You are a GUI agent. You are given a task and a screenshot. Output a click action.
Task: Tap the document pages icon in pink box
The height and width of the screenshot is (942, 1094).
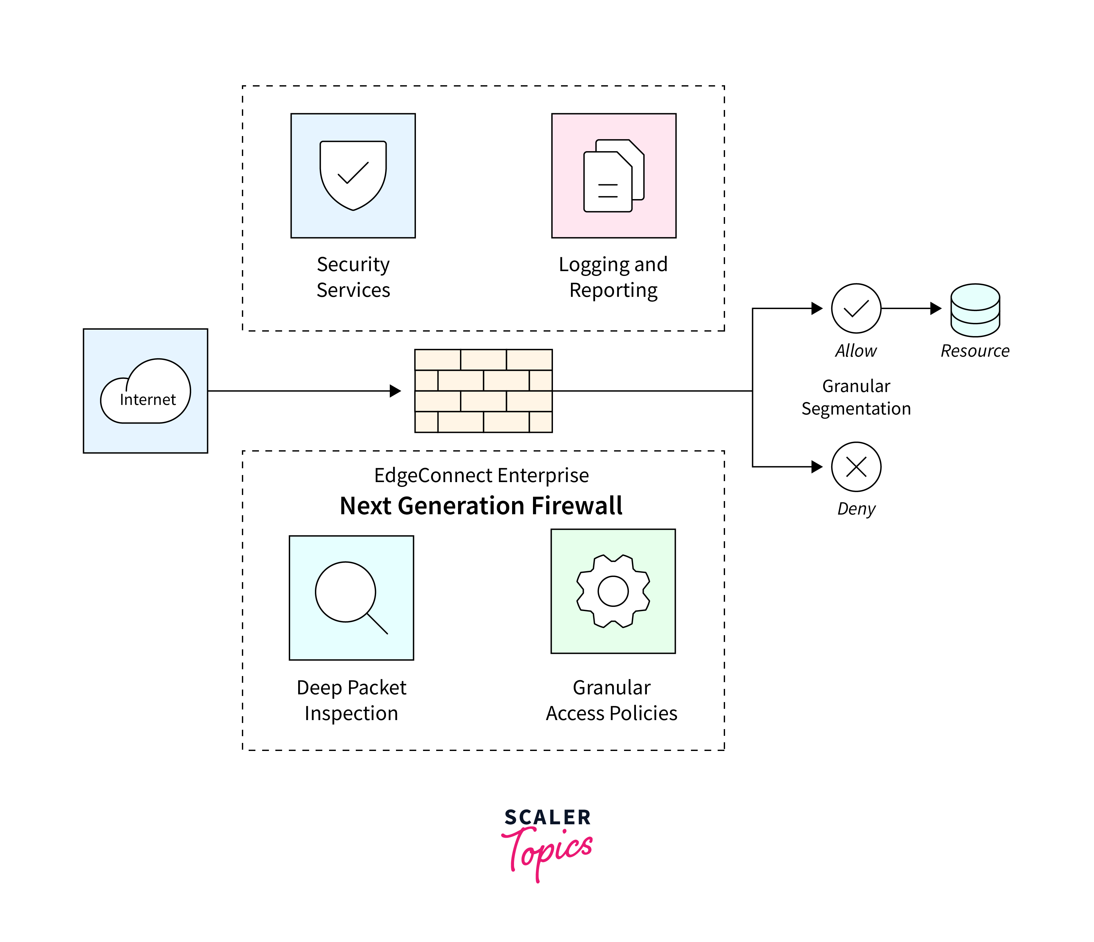tap(613, 176)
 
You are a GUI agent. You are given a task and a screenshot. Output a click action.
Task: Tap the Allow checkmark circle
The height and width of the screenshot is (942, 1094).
tap(856, 308)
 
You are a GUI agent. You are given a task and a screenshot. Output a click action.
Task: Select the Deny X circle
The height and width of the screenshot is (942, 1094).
tap(856, 467)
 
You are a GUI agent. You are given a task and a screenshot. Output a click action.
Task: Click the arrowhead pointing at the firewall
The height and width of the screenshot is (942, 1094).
tap(395, 391)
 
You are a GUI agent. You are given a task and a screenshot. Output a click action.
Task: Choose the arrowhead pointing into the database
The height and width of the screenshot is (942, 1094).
tap(936, 308)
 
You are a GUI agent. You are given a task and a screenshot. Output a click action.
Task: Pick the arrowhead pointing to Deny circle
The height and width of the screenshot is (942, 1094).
tap(817, 467)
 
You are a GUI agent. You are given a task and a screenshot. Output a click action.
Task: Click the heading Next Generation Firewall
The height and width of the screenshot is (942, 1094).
tap(481, 506)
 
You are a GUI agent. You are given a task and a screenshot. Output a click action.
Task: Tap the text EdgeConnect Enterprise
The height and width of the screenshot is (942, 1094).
tap(481, 475)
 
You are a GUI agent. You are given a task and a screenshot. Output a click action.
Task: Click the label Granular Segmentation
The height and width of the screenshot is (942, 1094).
tap(856, 397)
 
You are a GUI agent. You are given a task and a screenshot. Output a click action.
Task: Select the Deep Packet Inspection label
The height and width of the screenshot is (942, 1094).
tap(351, 700)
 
